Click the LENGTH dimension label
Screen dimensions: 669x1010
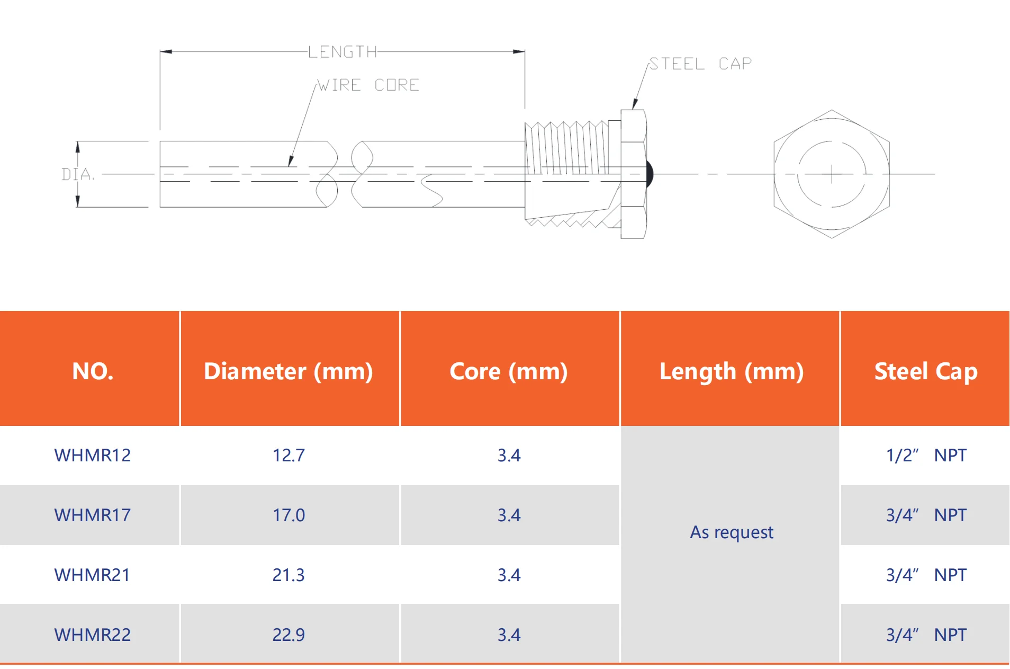pos(342,52)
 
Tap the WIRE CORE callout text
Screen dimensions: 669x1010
pos(368,85)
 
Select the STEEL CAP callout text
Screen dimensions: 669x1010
pos(700,64)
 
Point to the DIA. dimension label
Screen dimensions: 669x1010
pos(78,174)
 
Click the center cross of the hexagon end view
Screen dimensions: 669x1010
pos(832,174)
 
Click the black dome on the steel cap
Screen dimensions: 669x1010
pos(650,174)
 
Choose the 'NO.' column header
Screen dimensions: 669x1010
pos(93,371)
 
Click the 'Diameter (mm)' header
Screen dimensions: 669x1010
pos(288,371)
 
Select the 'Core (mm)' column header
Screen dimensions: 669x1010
pos(509,371)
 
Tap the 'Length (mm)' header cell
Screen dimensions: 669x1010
pos(731,371)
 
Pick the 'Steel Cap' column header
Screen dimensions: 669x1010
pos(925,371)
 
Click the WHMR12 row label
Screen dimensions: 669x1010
pos(93,455)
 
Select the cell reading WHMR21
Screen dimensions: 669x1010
pos(93,575)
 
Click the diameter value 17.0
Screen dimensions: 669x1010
pos(288,515)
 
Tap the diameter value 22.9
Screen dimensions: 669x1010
pos(288,635)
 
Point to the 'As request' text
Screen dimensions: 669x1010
pos(731,532)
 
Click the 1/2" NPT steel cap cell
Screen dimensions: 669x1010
pos(926,455)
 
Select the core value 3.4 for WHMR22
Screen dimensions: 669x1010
pos(509,635)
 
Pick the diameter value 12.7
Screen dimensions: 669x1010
pos(288,455)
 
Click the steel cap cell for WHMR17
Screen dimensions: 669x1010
pos(926,515)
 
